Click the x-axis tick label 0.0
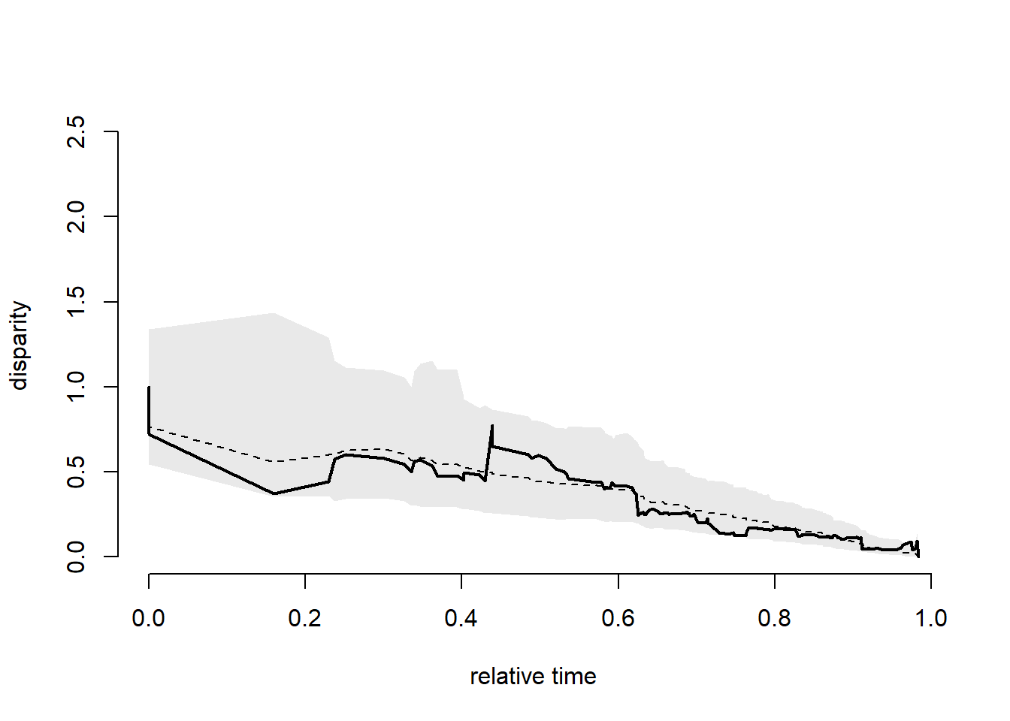tap(148, 618)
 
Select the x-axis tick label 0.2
tap(304, 618)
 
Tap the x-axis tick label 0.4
tap(461, 618)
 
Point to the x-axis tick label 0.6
tap(618, 618)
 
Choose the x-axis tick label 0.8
tap(774, 618)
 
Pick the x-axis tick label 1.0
tap(930, 618)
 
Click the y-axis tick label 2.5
tap(76, 131)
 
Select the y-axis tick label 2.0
tap(76, 216)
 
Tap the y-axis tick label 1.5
tap(76, 301)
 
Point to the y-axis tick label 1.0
tap(76, 386)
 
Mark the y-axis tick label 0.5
tap(76, 472)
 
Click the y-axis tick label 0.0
tap(76, 557)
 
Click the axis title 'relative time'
tap(533, 677)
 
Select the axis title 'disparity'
tap(19, 345)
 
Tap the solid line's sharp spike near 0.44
tap(492, 426)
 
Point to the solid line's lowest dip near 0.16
tap(274, 493)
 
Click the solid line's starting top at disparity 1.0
tap(149, 388)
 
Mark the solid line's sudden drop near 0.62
tap(637, 503)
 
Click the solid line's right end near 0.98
tap(918, 554)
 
